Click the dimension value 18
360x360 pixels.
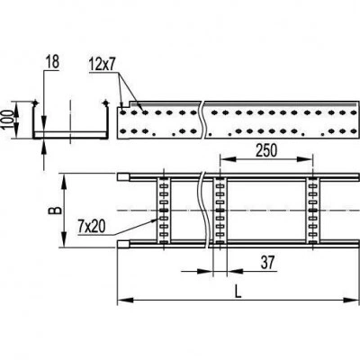tap(52, 62)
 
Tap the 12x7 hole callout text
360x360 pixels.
tap(102, 65)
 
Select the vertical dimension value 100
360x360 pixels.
tap(8, 120)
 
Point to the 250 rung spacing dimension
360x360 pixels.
tap(266, 150)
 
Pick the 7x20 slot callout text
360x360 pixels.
tap(92, 227)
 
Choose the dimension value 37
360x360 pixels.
tap(267, 263)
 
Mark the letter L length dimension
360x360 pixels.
tap(238, 292)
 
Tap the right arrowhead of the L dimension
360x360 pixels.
tap(351, 300)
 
